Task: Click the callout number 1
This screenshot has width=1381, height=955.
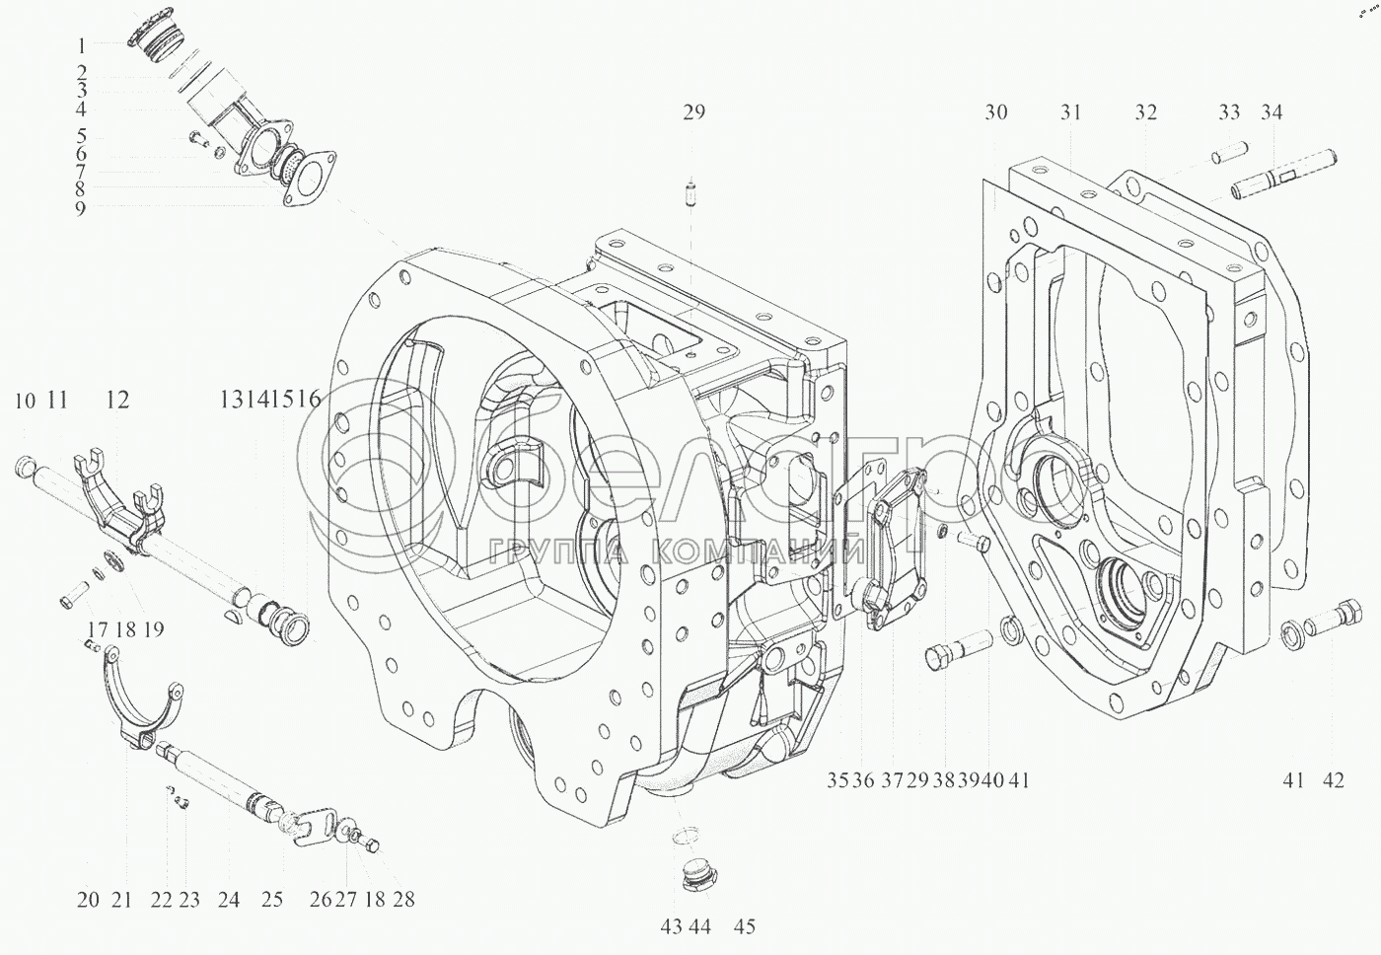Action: (x=81, y=45)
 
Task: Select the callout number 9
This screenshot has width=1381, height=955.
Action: (x=81, y=208)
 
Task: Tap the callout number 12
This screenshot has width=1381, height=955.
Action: (x=117, y=401)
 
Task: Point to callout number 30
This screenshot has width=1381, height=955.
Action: (x=996, y=112)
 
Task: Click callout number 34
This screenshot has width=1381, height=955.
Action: (x=1272, y=112)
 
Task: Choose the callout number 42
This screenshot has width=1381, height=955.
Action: (x=1333, y=780)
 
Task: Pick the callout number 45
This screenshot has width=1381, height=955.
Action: (x=745, y=926)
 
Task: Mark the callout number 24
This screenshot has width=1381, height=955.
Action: (x=228, y=900)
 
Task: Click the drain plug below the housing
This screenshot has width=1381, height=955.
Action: (x=701, y=886)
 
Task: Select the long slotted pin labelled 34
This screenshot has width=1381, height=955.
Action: (x=1283, y=176)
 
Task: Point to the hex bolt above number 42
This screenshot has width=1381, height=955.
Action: (x=1334, y=626)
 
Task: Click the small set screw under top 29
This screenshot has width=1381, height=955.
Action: (x=692, y=192)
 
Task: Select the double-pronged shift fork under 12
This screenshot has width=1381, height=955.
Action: (x=120, y=498)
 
